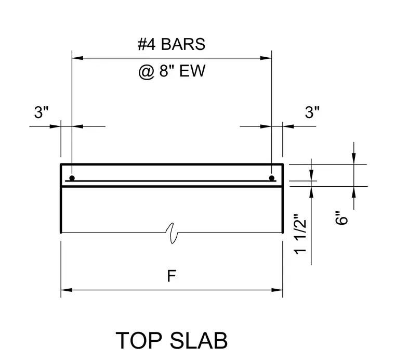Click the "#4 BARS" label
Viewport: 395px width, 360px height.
tap(172, 44)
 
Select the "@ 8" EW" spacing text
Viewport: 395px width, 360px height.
tap(172, 71)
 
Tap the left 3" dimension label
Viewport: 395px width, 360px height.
tap(41, 112)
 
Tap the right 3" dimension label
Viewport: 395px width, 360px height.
tap(312, 112)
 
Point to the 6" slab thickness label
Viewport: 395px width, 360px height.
tap(341, 217)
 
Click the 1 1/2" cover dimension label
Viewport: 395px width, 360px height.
tap(300, 234)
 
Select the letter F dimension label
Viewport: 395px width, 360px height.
tap(172, 276)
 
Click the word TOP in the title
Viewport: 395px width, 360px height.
tap(139, 340)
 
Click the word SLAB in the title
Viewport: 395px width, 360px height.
tap(199, 340)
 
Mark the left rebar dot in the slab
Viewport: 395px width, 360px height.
tap(72, 178)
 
